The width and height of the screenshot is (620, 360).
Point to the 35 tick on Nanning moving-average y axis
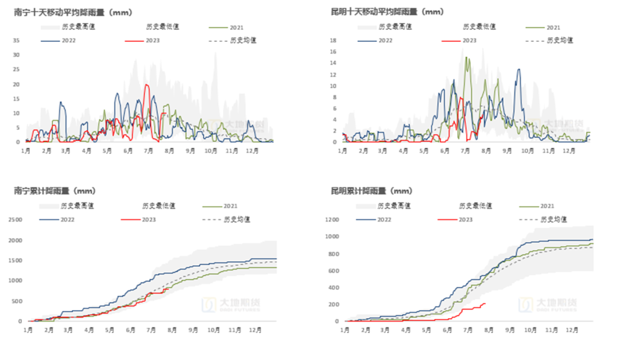click(16, 40)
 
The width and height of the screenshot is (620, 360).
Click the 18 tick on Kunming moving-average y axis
click(332, 40)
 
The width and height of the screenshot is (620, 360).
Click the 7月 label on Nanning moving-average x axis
click(149, 150)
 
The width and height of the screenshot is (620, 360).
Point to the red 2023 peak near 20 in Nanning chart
click(147, 85)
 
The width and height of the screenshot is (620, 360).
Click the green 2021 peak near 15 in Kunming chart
click(466, 57)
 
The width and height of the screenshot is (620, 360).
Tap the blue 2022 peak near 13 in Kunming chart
click(519, 69)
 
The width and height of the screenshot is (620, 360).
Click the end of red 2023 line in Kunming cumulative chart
click(486, 303)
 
